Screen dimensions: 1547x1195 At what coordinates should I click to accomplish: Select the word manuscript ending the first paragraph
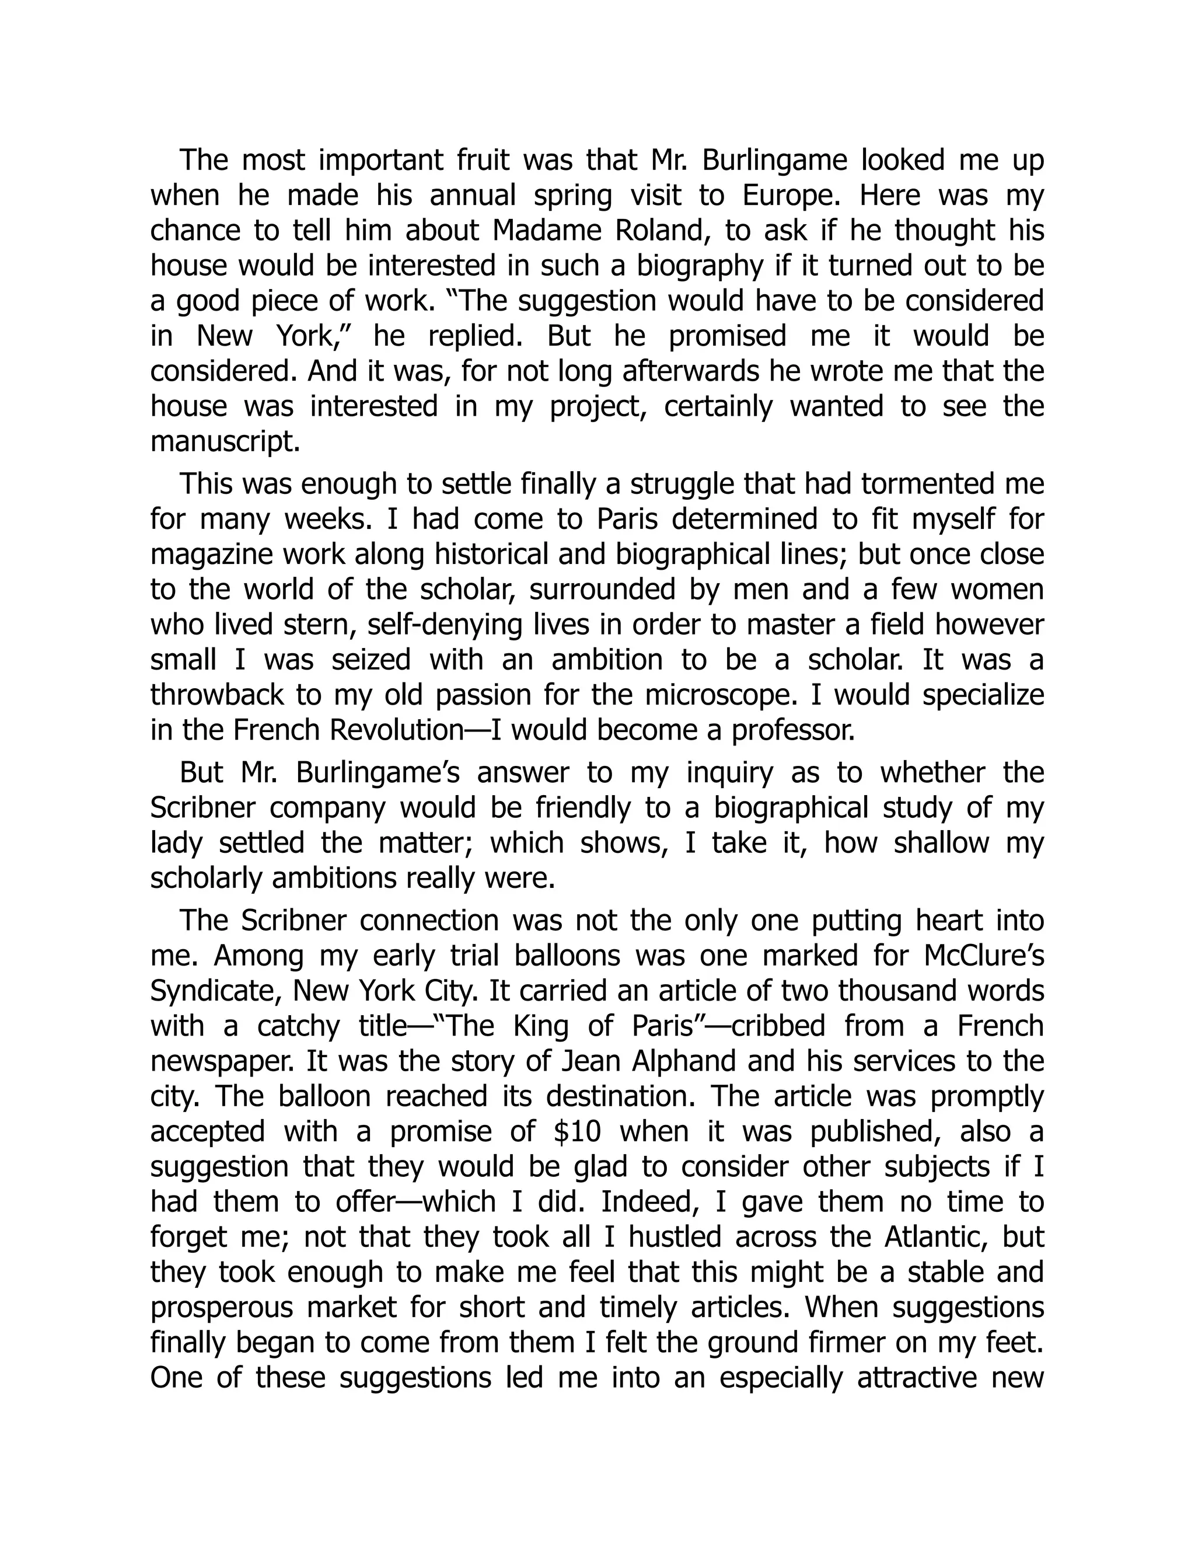tap(225, 442)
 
